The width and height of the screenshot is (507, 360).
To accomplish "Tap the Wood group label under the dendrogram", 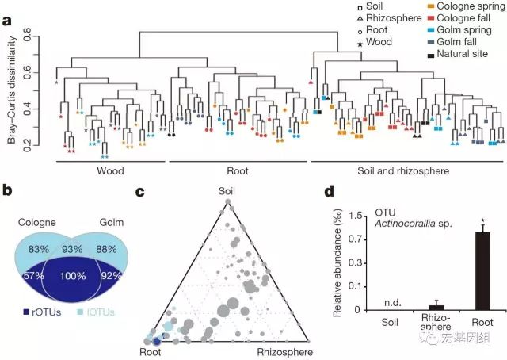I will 110,170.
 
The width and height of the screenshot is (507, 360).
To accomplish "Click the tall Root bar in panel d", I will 482,270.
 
